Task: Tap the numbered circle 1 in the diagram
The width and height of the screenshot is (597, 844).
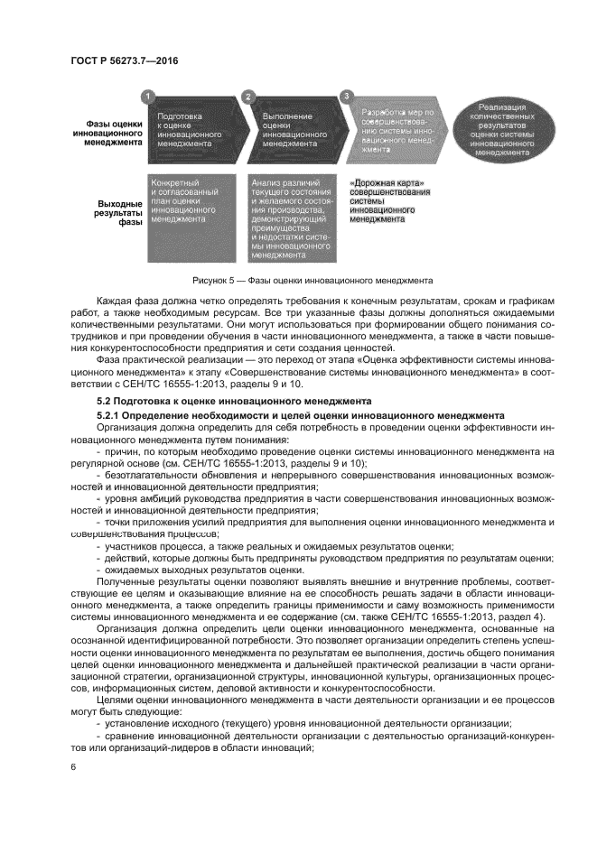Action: click(x=150, y=94)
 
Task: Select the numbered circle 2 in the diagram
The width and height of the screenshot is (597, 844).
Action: click(x=248, y=94)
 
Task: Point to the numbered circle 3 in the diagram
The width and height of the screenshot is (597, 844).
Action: click(x=346, y=94)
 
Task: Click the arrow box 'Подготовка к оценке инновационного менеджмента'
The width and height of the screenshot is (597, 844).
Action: click(x=191, y=129)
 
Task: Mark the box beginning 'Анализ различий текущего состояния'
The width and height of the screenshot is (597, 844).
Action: click(x=290, y=218)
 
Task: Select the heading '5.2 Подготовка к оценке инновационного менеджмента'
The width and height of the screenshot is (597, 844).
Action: click(x=229, y=398)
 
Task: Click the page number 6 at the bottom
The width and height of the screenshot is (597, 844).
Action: click(x=73, y=766)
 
